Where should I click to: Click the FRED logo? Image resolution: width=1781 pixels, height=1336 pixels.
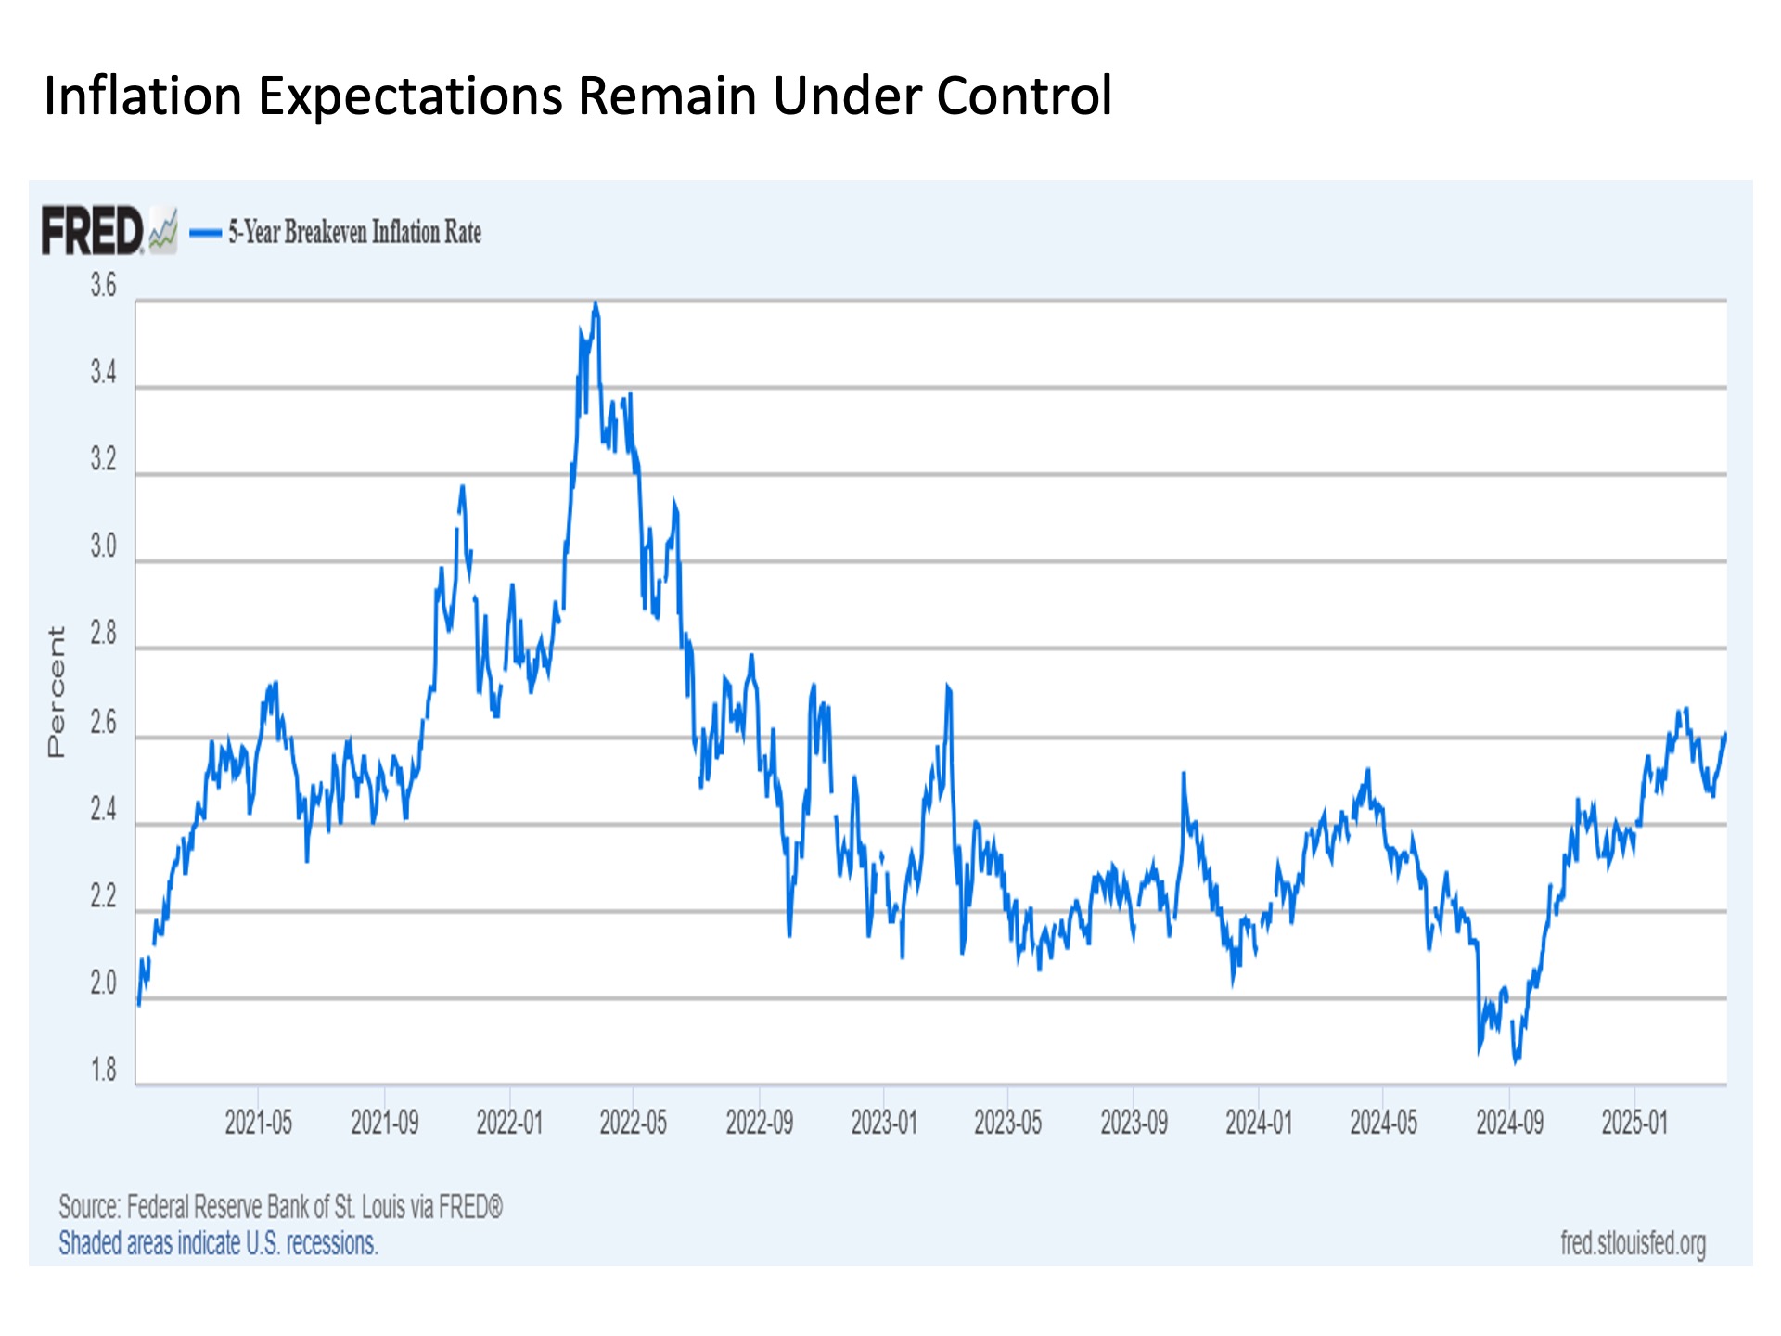(x=92, y=231)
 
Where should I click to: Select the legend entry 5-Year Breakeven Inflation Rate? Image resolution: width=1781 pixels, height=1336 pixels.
(x=354, y=232)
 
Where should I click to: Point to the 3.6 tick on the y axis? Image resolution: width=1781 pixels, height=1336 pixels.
(x=103, y=286)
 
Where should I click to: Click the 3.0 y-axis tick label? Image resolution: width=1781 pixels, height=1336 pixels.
(x=103, y=546)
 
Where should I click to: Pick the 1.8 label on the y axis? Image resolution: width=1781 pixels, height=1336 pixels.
(x=103, y=1070)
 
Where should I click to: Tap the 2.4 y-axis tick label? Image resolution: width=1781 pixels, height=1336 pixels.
(x=103, y=810)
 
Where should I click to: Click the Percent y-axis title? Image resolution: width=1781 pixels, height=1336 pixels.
(x=57, y=692)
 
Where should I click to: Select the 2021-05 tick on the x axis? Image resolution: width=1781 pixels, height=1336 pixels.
(x=258, y=1123)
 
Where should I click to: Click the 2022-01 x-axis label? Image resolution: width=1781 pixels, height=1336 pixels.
(x=509, y=1123)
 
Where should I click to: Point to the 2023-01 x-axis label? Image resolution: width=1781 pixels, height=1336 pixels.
(x=884, y=1123)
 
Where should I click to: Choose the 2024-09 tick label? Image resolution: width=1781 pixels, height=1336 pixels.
(x=1509, y=1123)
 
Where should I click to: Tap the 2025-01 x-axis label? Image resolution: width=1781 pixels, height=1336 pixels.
(x=1634, y=1123)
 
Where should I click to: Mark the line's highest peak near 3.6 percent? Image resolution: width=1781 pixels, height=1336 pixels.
(x=596, y=303)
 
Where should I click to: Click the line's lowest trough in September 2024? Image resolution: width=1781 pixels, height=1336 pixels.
(x=1516, y=1061)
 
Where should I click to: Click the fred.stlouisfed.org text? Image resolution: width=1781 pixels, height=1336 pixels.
(x=1633, y=1242)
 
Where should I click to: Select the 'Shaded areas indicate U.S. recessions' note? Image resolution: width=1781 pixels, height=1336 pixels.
(x=218, y=1243)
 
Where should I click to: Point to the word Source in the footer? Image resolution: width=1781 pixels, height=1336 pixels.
(x=89, y=1207)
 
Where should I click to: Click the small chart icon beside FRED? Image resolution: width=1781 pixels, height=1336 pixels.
(x=163, y=231)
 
